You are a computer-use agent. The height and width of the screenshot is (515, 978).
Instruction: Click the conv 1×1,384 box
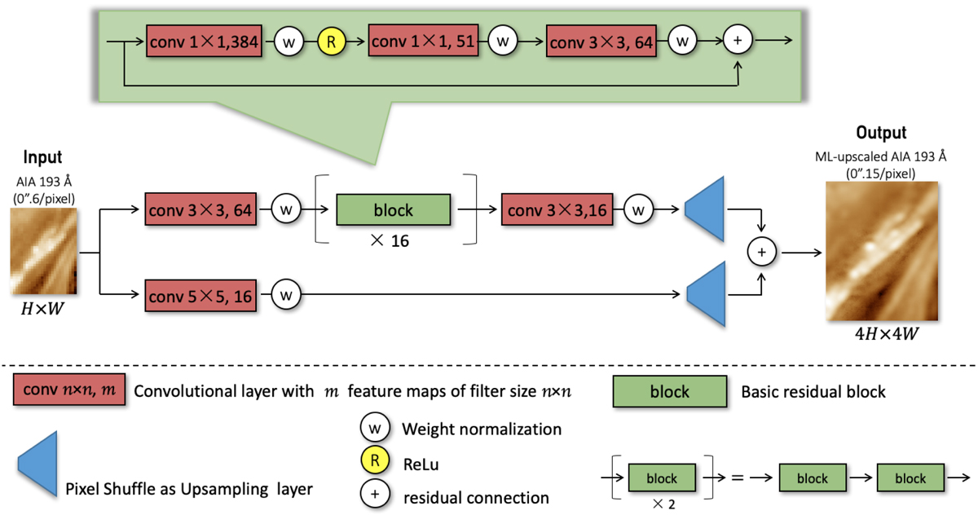(x=204, y=39)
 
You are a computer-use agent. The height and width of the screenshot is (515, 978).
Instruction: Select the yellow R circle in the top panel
(x=330, y=39)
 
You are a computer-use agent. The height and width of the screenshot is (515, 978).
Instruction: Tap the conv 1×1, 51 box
(x=425, y=39)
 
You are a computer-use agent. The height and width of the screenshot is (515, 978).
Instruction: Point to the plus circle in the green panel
(x=738, y=40)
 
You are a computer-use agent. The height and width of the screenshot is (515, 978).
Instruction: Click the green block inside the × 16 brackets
(x=393, y=209)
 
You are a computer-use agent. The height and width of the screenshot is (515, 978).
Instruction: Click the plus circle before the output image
(x=761, y=253)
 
